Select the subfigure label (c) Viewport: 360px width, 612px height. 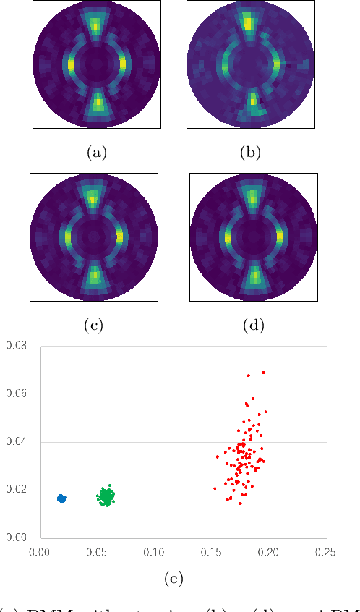pyautogui.click(x=93, y=326)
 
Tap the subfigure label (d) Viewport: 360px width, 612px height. pyautogui.click(x=254, y=326)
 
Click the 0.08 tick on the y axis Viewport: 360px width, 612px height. pyautogui.click(x=16, y=346)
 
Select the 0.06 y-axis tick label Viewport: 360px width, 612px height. pyautogui.click(x=16, y=394)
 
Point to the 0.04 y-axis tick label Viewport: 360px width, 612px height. pyautogui.click(x=16, y=441)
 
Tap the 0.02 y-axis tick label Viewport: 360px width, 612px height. pyautogui.click(x=16, y=490)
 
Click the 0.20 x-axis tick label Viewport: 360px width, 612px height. pyautogui.click(x=269, y=552)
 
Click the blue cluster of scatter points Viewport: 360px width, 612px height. pyautogui.click(x=61, y=498)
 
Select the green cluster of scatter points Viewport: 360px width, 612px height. pyautogui.click(x=106, y=496)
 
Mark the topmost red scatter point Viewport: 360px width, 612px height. pyautogui.click(x=263, y=373)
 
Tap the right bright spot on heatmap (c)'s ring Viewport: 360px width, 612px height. pyautogui.click(x=119, y=236)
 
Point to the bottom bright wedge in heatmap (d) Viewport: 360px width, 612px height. pyautogui.click(x=254, y=276)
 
